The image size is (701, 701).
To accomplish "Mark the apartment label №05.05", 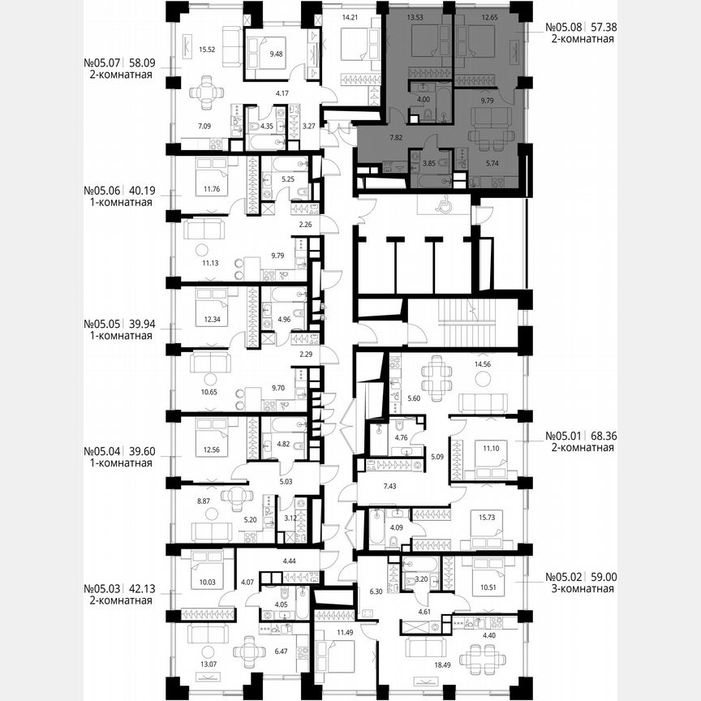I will (x=103, y=323).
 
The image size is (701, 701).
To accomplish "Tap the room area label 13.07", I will (x=200, y=667).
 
